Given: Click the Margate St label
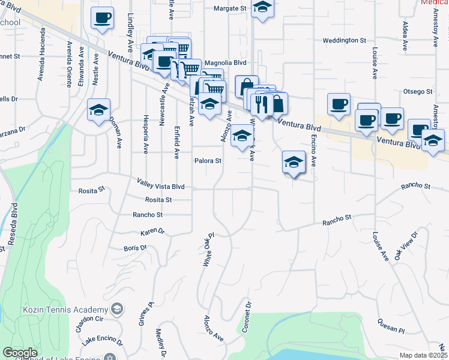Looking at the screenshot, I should pos(231,9).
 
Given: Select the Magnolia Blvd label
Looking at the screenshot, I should pos(226,62).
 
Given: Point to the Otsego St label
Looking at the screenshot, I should pos(418,91).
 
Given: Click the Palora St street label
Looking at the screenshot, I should pos(208,161).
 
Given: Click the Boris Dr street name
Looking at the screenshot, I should pos(135,248).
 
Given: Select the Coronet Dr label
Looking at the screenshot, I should pos(247,317).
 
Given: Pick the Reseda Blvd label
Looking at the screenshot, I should pos(11,228).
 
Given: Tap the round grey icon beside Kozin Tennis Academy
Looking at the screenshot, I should pos(118,310).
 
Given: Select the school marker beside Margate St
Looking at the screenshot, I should pos(262,8).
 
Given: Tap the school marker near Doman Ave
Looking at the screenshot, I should pos(98,110).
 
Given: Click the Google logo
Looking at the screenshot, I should pos(20,353).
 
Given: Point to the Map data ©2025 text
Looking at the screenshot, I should pos(423,356).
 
